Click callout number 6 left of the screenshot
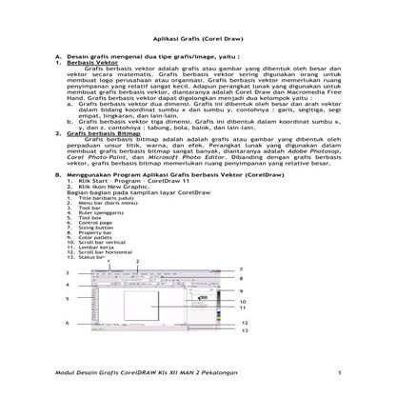(67, 323)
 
